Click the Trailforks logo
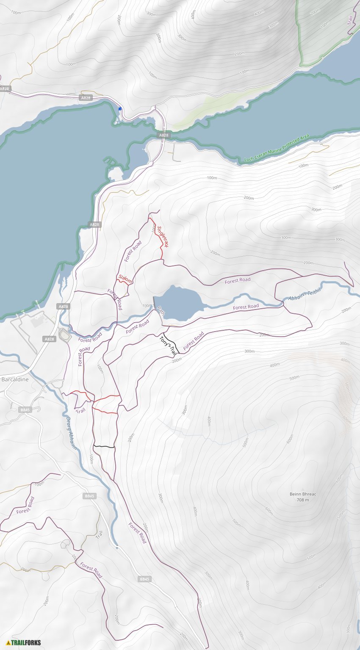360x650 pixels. pyautogui.click(x=24, y=642)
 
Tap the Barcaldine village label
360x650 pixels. pyautogui.click(x=15, y=379)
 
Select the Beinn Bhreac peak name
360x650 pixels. pyautogui.click(x=303, y=494)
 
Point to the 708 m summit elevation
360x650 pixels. pyautogui.click(x=303, y=500)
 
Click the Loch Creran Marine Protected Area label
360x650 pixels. pyautogui.click(x=277, y=148)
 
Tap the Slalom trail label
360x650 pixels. pyautogui.click(x=125, y=279)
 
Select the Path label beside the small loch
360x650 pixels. pyautogui.click(x=161, y=312)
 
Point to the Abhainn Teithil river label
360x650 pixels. pyautogui.click(x=305, y=293)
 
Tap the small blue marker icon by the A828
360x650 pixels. pyautogui.click(x=120, y=109)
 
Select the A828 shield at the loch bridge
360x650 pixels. pyautogui.click(x=163, y=135)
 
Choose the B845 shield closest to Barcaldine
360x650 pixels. pyautogui.click(x=25, y=410)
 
